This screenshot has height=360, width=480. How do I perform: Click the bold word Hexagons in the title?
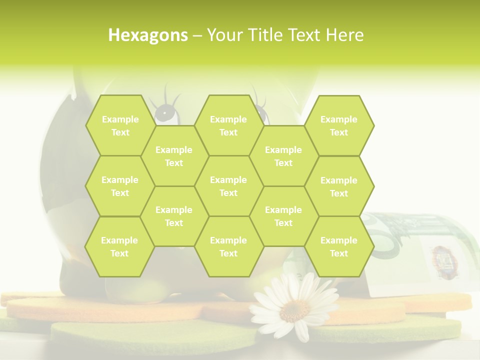[x=148, y=35]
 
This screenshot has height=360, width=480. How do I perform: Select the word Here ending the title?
[x=344, y=35]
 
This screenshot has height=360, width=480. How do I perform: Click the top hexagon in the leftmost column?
[x=120, y=125]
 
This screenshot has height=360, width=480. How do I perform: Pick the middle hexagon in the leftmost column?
[x=120, y=186]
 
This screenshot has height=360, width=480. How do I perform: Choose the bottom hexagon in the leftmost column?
[x=119, y=246]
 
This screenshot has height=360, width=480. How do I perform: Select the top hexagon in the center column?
[x=228, y=125]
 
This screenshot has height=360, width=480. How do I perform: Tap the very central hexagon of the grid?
[x=228, y=186]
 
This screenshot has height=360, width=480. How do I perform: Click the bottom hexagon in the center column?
[x=228, y=246]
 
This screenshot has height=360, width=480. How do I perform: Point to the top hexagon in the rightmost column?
[x=339, y=125]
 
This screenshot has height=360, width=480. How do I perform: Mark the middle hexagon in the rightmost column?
[x=339, y=186]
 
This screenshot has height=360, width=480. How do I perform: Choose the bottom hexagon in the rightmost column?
[x=339, y=246]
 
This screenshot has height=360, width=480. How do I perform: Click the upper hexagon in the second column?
[x=174, y=156]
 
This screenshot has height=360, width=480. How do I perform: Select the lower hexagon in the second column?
[x=174, y=216]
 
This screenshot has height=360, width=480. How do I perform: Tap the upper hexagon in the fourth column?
[x=283, y=156]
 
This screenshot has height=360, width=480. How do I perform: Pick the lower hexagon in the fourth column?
[x=283, y=216]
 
